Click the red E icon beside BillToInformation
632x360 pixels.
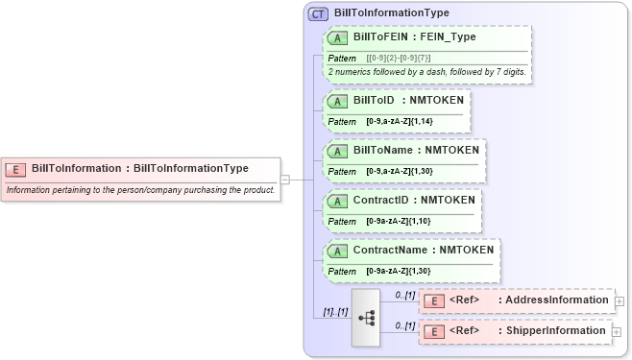tap(15, 169)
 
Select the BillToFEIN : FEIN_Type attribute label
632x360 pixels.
tap(414, 37)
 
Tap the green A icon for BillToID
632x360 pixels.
tap(338, 101)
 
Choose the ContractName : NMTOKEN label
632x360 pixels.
tap(423, 251)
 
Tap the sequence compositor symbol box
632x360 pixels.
tap(367, 317)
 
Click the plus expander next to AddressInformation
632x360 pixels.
tap(619, 301)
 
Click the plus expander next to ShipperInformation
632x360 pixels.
tap(619, 332)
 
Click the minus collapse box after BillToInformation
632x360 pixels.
tap(285, 179)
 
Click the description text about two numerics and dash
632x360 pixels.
tap(425, 73)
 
